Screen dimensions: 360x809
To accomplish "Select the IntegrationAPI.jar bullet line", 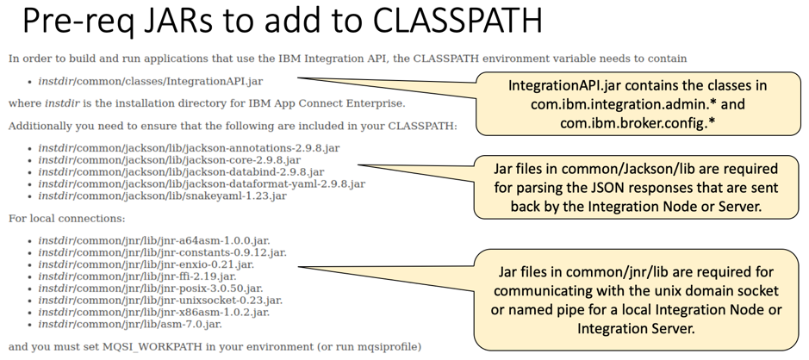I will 150,81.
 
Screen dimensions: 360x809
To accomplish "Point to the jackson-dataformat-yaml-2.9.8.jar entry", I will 202,183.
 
